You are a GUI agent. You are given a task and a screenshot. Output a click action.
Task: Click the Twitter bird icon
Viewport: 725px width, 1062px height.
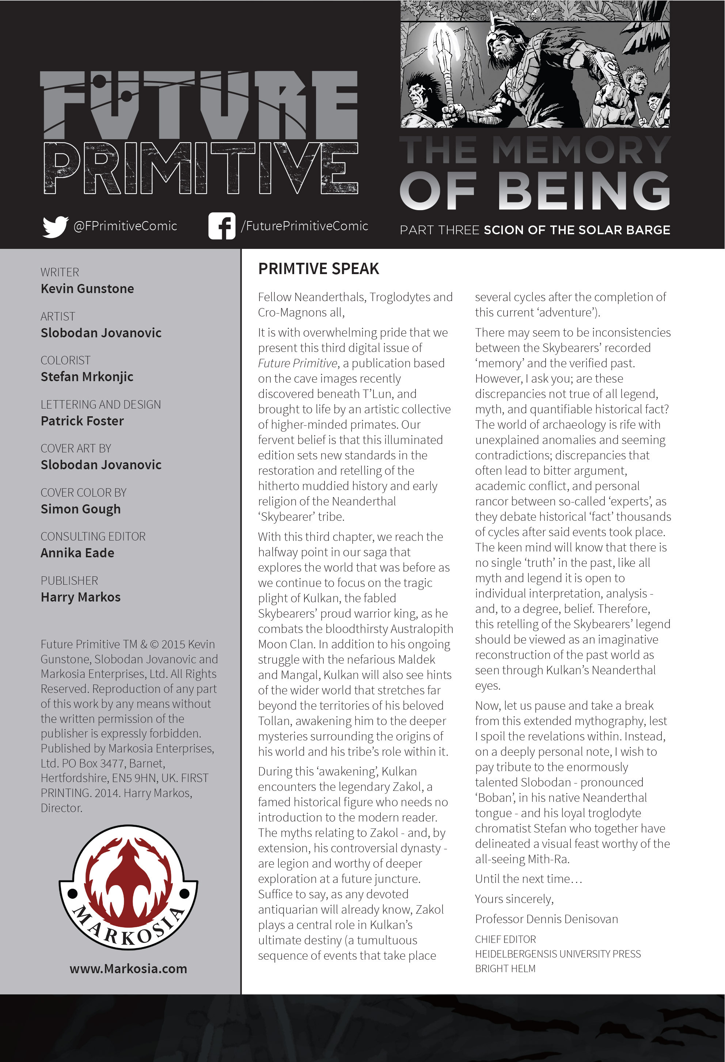(x=55, y=226)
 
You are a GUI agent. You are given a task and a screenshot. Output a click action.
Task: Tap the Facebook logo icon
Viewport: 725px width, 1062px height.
(x=221, y=226)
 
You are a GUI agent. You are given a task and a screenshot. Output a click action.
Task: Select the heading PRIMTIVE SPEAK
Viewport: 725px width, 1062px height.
(x=318, y=269)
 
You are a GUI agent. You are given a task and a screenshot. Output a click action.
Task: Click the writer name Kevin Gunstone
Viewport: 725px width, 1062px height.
(x=87, y=289)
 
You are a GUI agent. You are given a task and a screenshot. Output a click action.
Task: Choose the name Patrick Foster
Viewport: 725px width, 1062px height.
(x=82, y=421)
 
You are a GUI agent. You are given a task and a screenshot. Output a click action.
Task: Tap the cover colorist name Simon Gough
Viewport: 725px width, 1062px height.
(x=80, y=509)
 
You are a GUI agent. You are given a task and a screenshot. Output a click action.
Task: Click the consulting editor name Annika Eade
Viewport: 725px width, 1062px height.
(x=77, y=553)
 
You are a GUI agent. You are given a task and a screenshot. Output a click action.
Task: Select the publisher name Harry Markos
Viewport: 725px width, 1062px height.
(x=80, y=597)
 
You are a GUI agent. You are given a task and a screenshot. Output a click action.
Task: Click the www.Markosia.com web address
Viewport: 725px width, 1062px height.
(x=128, y=968)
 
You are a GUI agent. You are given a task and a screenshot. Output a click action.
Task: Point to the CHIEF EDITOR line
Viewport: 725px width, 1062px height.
(x=505, y=939)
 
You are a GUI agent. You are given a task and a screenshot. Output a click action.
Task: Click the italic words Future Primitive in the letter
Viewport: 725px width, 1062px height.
(x=297, y=363)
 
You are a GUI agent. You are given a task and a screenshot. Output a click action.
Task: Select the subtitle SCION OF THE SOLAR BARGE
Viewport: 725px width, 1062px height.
(x=577, y=230)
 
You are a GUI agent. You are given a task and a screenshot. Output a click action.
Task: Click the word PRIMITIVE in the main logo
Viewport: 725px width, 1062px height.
(x=201, y=168)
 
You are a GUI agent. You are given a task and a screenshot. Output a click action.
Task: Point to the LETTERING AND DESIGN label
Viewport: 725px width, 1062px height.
(x=100, y=405)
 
